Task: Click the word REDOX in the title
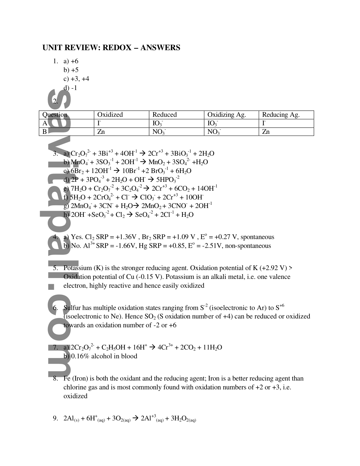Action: point(117,48)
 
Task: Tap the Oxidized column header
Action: point(110,115)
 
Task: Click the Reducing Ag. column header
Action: point(281,115)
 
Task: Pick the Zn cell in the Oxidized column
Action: point(101,132)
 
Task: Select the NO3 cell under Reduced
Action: point(159,132)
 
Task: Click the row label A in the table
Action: point(45,123)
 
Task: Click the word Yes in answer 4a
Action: point(77,237)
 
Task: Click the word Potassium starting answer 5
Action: point(78,268)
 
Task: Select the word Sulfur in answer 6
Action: point(72,308)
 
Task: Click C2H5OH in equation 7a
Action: point(114,347)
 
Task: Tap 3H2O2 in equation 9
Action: point(184,419)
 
